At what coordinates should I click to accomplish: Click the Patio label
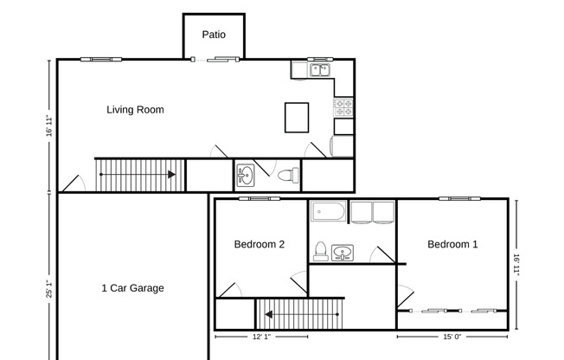214,35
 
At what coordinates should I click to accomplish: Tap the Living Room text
135,110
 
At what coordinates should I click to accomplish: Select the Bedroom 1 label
452,245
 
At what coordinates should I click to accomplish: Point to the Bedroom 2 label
260,245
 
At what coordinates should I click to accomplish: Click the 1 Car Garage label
132,288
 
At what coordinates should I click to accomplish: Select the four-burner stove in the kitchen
343,107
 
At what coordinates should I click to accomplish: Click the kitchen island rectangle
297,117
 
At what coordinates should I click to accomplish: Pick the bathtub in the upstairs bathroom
329,212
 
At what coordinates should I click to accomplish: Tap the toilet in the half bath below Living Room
288,176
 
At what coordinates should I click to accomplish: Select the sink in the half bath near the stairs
246,176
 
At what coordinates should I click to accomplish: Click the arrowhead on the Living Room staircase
172,175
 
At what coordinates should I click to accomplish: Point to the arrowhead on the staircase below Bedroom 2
269,314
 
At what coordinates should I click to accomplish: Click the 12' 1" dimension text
261,337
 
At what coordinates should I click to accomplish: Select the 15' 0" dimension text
452,337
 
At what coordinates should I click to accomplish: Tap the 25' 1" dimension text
49,288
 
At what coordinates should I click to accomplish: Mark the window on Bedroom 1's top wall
455,198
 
